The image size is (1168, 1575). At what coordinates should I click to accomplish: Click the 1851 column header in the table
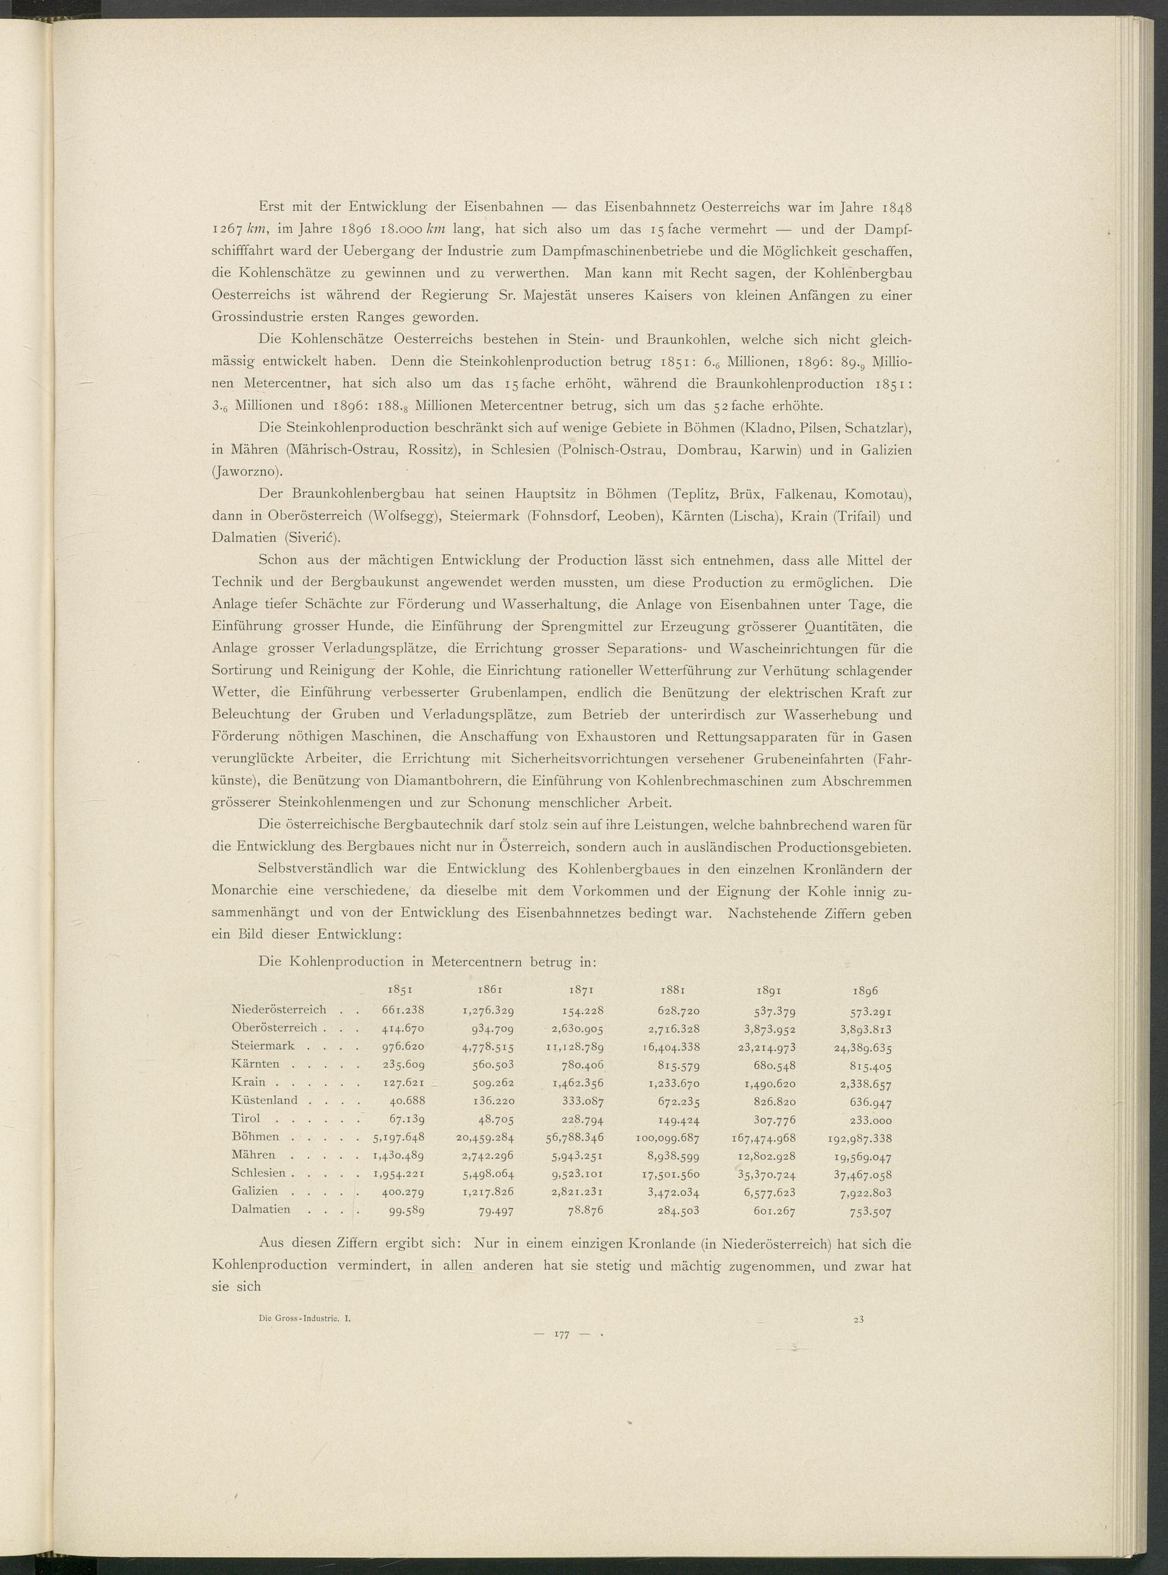402,990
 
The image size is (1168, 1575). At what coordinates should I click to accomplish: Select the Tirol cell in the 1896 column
870,1120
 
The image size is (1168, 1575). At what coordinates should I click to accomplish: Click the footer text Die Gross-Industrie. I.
305,1319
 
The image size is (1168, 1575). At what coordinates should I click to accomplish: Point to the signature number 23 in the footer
858,1319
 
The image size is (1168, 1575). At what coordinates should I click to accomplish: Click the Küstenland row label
265,1100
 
